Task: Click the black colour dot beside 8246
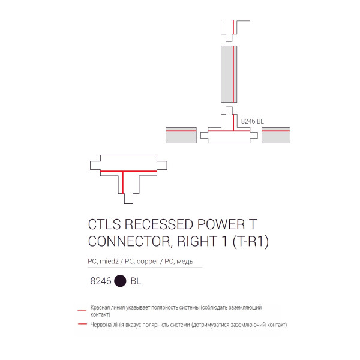(120, 281)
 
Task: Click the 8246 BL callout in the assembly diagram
(253, 121)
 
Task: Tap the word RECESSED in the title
(158, 224)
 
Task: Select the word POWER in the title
(221, 224)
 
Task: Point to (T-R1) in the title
(250, 242)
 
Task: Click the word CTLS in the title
(104, 224)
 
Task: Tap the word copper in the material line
(148, 261)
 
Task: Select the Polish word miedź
(109, 261)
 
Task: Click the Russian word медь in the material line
(185, 261)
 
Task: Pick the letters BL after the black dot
(136, 281)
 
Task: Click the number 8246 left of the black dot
(101, 281)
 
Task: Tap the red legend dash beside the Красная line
(82, 310)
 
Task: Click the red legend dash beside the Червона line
(82, 324)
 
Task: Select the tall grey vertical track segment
(229, 74)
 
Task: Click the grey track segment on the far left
(181, 135)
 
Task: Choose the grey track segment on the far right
(275, 135)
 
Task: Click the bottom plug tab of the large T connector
(128, 199)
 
